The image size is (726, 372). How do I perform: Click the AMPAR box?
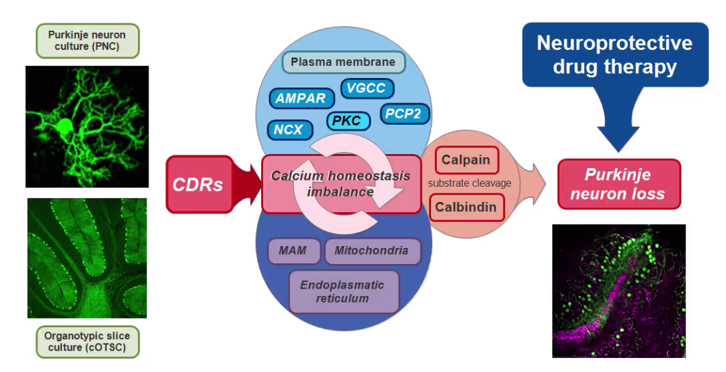tap(302, 99)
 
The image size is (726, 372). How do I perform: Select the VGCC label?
tap(367, 88)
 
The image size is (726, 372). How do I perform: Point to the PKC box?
tap(347, 121)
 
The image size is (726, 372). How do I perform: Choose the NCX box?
tap(290, 129)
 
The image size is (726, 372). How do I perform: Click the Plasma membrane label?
tap(342, 63)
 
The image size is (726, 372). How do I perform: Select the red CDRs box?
tap(198, 184)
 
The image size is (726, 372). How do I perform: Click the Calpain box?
tap(466, 160)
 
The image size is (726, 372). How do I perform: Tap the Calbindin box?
tap(466, 207)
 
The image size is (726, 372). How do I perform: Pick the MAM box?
tap(294, 251)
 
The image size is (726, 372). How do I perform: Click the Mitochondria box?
tap(372, 251)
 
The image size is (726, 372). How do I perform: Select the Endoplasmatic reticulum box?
tap(343, 291)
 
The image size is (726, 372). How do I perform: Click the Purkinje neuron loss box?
tap(619, 185)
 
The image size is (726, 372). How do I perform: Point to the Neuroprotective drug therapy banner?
tap(614, 55)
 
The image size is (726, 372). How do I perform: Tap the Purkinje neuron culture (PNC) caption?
tap(86, 41)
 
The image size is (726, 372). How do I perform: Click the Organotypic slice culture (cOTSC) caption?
tap(86, 341)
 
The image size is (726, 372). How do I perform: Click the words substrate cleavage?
tap(469, 183)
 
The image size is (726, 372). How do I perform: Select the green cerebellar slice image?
tap(87, 257)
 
